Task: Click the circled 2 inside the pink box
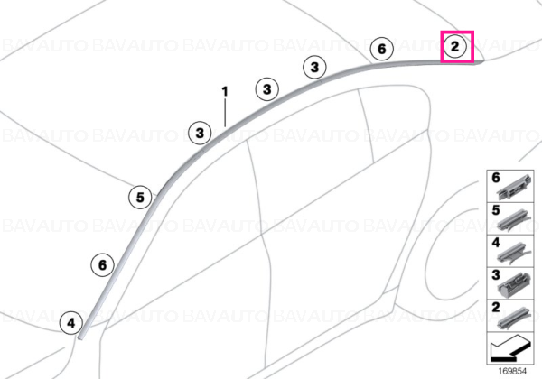[x=455, y=46]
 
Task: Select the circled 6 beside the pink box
[x=381, y=49]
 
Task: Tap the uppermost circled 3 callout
[x=314, y=67]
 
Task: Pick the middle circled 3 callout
[x=267, y=89]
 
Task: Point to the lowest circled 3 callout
[x=200, y=133]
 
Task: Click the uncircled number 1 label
[x=225, y=92]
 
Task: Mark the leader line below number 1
[x=225, y=113]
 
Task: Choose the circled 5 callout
[x=140, y=198]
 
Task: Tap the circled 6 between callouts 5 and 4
[x=103, y=265]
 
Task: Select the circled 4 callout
[x=70, y=323]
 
